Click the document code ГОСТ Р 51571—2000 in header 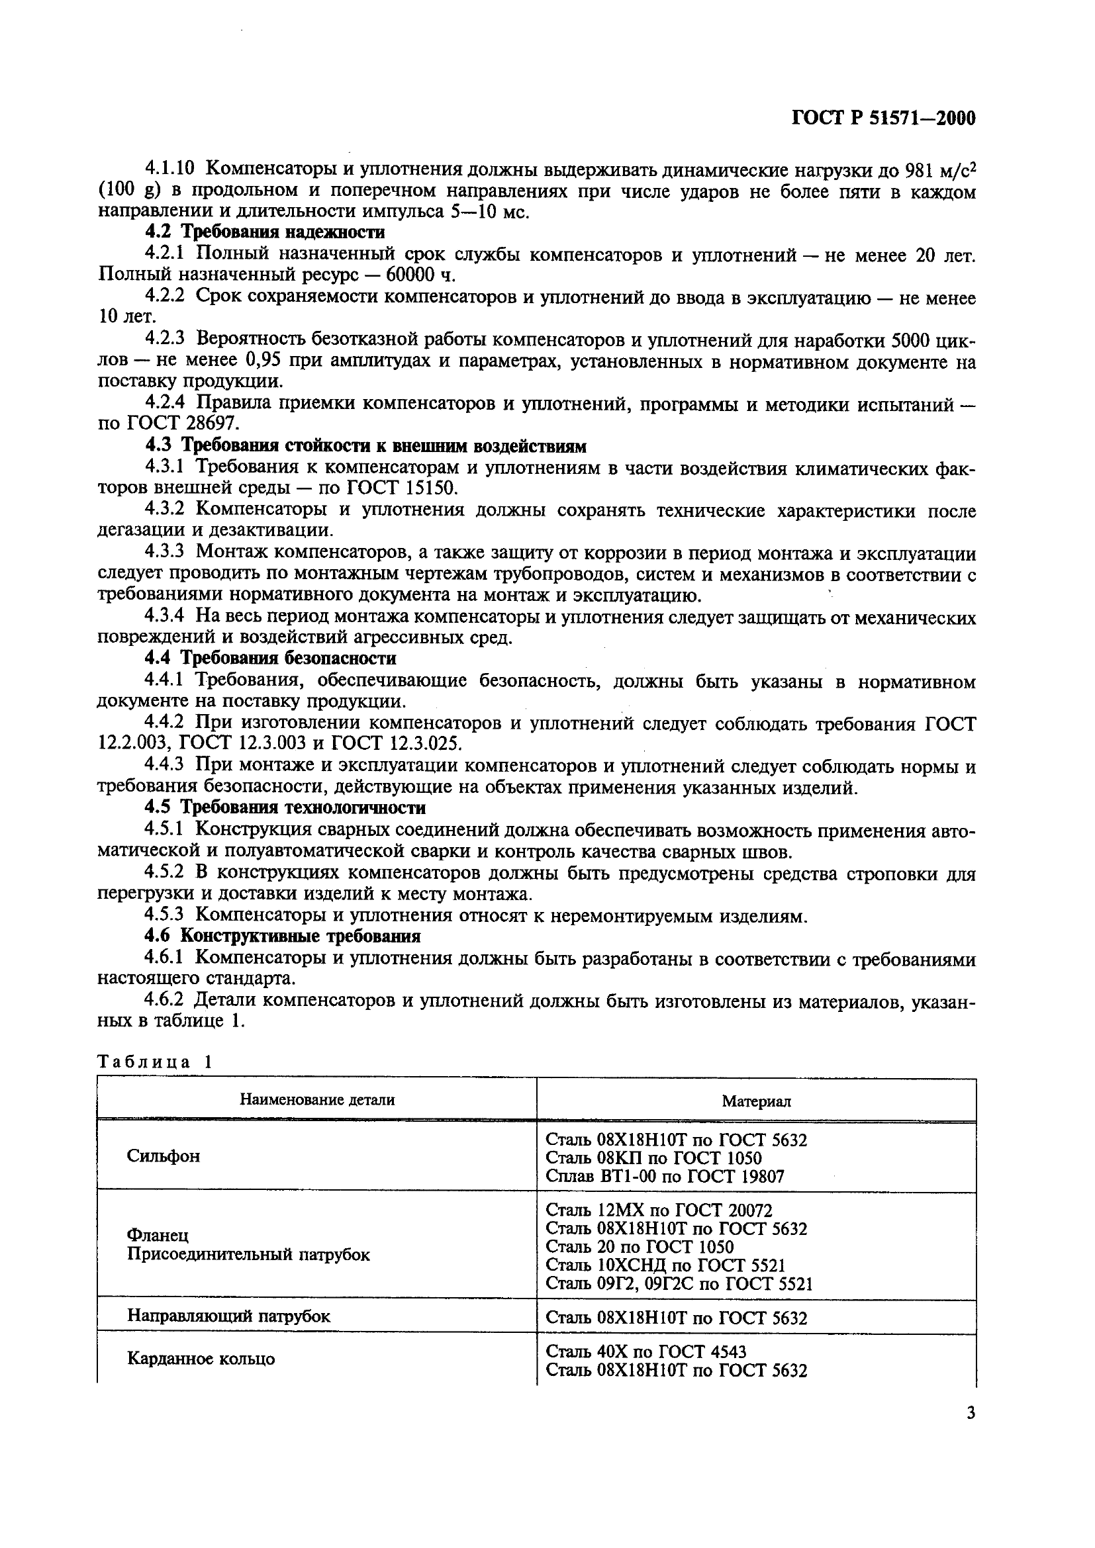883,119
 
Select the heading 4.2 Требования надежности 265,232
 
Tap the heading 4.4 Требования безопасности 270,658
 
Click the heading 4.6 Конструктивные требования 283,936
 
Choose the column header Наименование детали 318,1100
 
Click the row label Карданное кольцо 201,1359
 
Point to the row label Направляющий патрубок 228,1316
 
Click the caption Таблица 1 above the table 155,1062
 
